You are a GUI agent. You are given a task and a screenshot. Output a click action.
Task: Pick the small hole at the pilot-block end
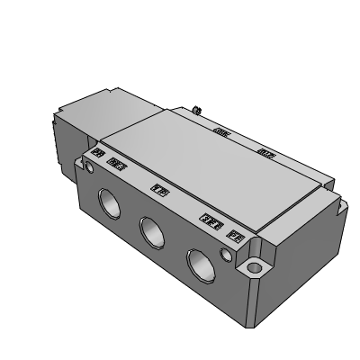(89, 167)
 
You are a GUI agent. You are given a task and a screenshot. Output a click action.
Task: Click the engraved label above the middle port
(159, 190)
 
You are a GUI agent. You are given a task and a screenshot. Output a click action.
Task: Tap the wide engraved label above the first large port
(116, 165)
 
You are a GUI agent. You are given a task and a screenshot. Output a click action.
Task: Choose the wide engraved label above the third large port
(211, 220)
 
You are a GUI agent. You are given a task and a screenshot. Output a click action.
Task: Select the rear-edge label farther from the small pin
(265, 153)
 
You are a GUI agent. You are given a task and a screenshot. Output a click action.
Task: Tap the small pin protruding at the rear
(197, 111)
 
